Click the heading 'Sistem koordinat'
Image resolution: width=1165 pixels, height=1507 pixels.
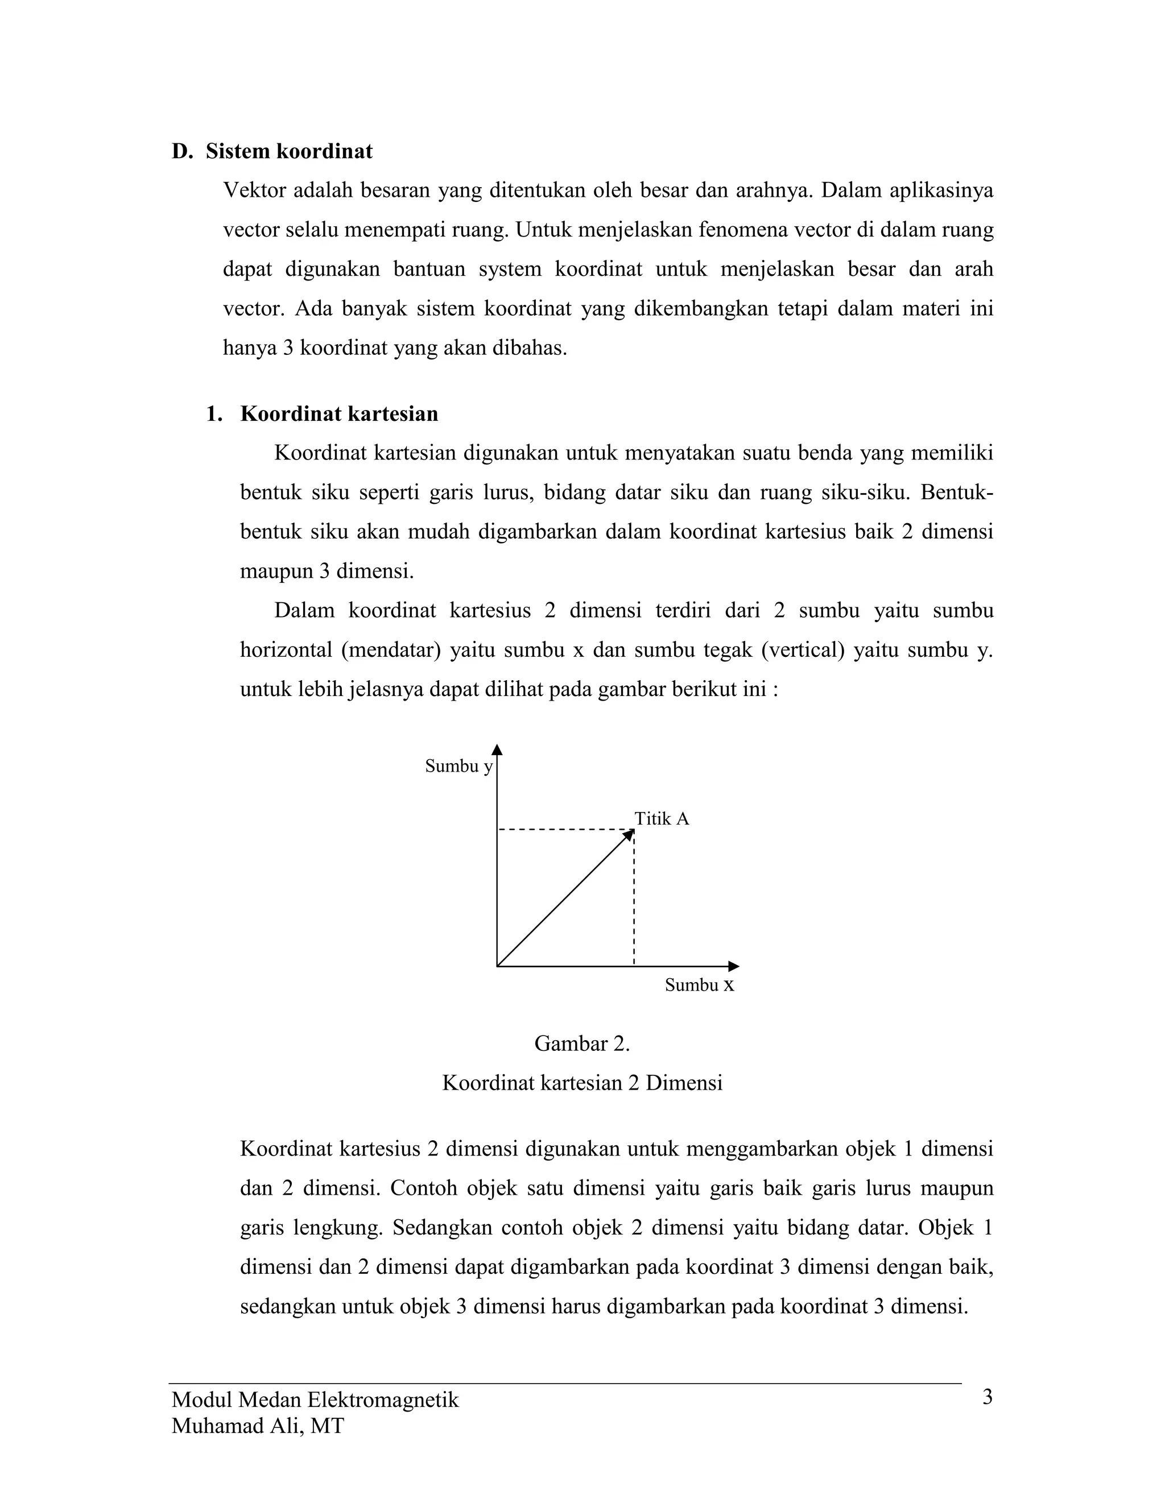pyautogui.click(x=288, y=151)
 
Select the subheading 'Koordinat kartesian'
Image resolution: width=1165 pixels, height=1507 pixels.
pyautogui.click(x=339, y=414)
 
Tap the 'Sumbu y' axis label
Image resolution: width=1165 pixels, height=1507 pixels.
pyautogui.click(x=458, y=766)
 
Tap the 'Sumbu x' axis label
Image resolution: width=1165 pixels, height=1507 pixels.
pyautogui.click(x=699, y=986)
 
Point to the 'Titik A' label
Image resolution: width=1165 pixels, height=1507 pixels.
pyautogui.click(x=661, y=819)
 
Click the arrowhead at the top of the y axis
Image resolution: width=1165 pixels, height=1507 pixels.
pyautogui.click(x=497, y=750)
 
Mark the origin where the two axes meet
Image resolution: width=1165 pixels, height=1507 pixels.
pyautogui.click(x=498, y=966)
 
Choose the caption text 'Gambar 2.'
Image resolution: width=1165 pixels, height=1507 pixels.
pyautogui.click(x=582, y=1044)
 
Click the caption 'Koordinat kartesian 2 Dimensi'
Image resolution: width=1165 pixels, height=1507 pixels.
pyautogui.click(x=582, y=1083)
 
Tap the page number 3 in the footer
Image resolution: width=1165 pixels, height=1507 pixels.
pyautogui.click(x=987, y=1397)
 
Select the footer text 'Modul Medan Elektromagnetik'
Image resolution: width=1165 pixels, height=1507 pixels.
pyautogui.click(x=315, y=1400)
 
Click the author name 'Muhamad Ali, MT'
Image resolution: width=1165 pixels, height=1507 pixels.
pyautogui.click(x=258, y=1426)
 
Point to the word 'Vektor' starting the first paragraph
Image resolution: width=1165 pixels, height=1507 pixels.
pyautogui.click(x=254, y=191)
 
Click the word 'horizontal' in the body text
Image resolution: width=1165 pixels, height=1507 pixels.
pyautogui.click(x=285, y=651)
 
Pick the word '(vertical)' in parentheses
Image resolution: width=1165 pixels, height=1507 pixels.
pyautogui.click(x=802, y=651)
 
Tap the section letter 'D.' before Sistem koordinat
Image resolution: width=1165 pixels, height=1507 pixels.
pyautogui.click(x=182, y=151)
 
